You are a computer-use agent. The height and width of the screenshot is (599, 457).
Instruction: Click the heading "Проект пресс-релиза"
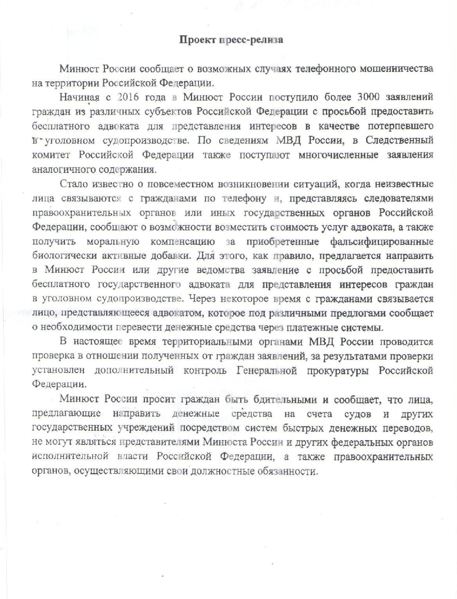click(x=231, y=40)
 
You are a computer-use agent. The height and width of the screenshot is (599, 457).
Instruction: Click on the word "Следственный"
click(x=404, y=140)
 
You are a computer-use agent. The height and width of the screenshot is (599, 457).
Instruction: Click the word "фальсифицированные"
click(x=379, y=241)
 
